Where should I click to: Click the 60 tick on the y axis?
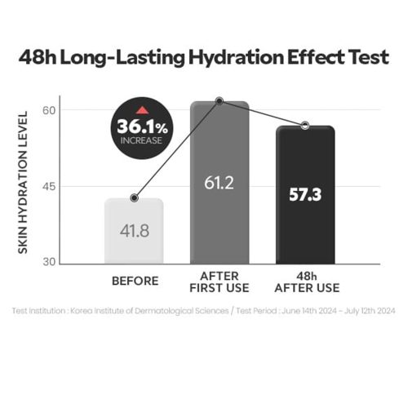(x=49, y=110)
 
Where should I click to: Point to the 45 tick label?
(x=49, y=187)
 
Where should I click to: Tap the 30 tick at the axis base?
(x=49, y=262)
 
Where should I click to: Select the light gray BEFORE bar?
(x=134, y=231)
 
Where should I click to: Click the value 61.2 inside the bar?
(x=219, y=183)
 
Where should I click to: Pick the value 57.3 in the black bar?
(x=305, y=195)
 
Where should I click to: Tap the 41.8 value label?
(x=135, y=231)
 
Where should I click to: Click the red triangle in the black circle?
(x=142, y=110)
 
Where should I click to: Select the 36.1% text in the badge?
(x=142, y=127)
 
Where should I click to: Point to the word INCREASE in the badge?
(x=141, y=140)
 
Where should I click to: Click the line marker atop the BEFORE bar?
(x=135, y=198)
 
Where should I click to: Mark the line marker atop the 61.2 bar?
(x=220, y=101)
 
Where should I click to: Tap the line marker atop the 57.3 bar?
(x=305, y=126)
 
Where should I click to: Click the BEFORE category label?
(x=135, y=281)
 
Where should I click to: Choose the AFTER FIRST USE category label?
(x=220, y=282)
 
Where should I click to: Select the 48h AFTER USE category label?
(x=307, y=282)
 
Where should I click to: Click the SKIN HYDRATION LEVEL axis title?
(x=23, y=182)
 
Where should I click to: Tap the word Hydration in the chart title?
(x=236, y=58)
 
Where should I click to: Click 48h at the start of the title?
(x=38, y=57)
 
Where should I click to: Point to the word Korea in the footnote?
(x=81, y=311)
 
